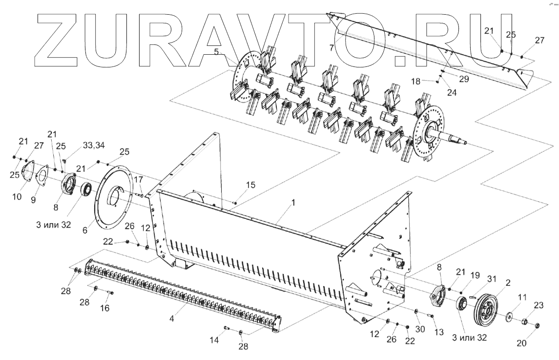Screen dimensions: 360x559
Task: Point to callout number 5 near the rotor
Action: tap(216, 52)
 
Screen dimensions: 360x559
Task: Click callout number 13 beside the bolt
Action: tap(439, 332)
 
